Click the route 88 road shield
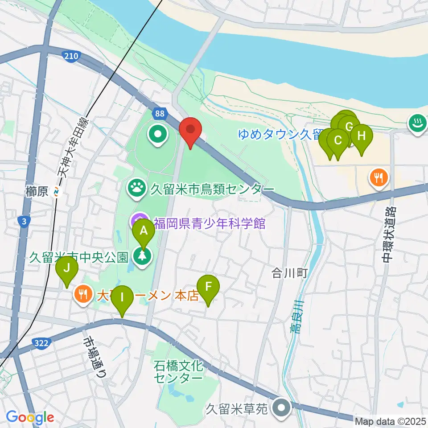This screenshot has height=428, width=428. point(160,114)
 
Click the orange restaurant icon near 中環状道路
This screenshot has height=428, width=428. point(379,178)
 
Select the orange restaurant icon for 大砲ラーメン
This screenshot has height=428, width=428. point(82,294)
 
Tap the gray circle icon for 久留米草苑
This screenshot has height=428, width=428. point(282,408)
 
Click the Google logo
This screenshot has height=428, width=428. point(30,417)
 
